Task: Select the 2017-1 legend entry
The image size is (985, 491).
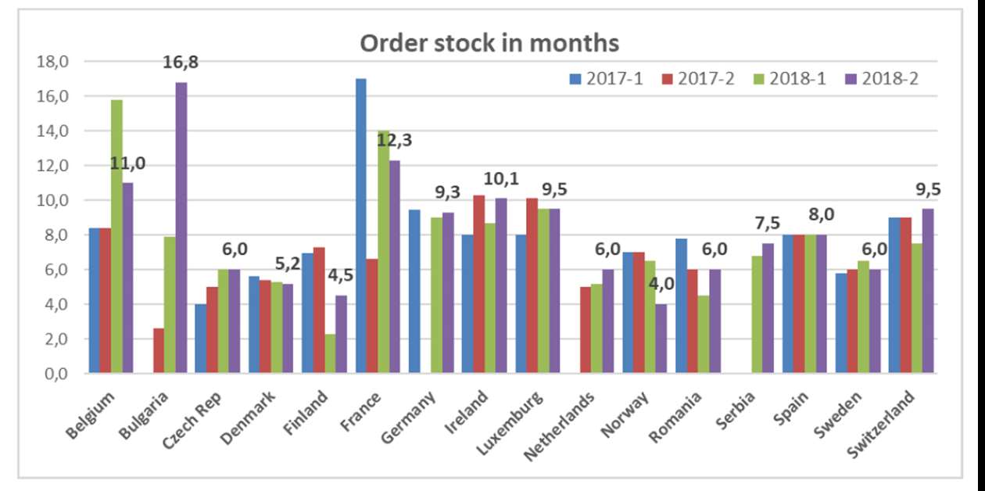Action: pyautogui.click(x=606, y=78)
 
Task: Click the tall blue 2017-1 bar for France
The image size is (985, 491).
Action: pyautogui.click(x=361, y=226)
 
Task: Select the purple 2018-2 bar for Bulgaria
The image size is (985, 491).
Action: pyautogui.click(x=181, y=228)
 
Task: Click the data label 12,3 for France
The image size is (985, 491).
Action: pyautogui.click(x=395, y=141)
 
